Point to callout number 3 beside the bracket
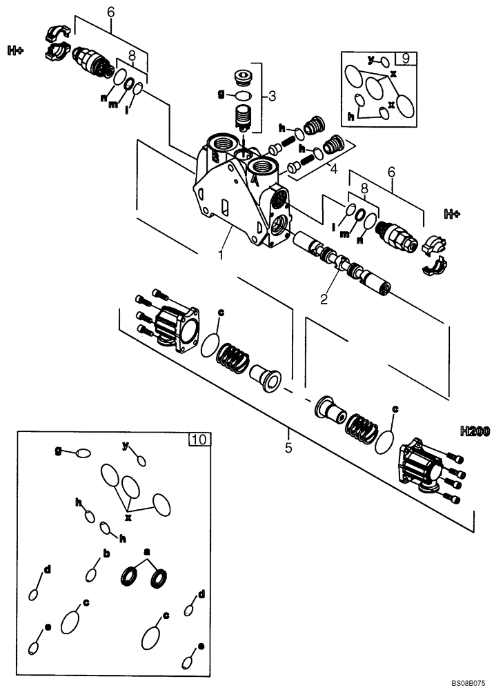tap(272, 96)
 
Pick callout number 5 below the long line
tap(288, 448)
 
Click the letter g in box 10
tap(60, 450)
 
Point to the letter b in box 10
tap(106, 553)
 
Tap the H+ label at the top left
tap(17, 50)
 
